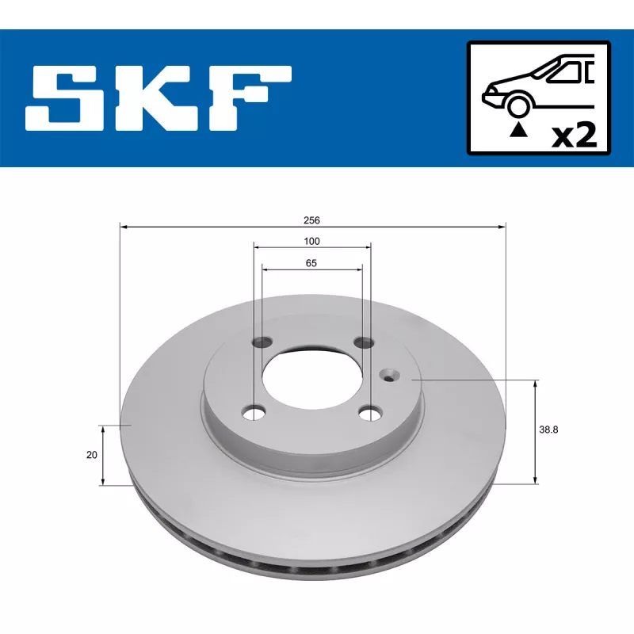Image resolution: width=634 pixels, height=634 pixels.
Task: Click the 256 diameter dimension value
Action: [311, 220]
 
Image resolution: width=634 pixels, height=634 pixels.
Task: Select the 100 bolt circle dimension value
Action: [311, 242]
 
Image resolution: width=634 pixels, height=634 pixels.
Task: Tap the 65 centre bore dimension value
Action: [311, 263]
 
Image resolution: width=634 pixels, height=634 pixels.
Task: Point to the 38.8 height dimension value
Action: [548, 430]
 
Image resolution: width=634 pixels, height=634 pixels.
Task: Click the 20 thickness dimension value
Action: [92, 455]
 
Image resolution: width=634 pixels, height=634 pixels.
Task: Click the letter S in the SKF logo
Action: [65, 97]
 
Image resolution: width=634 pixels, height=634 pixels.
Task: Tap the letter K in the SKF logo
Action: [156, 97]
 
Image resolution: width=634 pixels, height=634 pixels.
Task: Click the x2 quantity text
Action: [575, 136]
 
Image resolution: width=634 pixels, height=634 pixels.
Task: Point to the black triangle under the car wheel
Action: [518, 130]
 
